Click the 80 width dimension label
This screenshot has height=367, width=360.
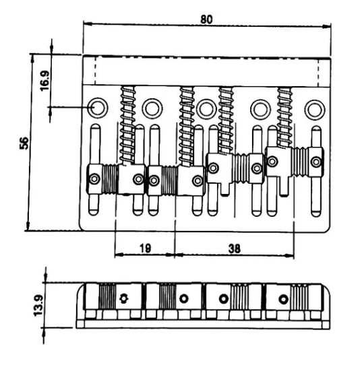point(206,20)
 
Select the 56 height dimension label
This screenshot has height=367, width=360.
point(24,143)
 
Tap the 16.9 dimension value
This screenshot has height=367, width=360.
point(44,81)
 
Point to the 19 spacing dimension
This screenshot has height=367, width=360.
point(146,248)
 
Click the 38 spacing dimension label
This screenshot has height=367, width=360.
point(235,248)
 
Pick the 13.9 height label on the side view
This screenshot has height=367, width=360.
point(38,306)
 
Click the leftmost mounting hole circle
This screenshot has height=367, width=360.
point(98,108)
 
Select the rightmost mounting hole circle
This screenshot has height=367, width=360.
point(315,110)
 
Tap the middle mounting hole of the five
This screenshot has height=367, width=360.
point(206,109)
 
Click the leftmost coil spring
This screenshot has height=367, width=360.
point(127,125)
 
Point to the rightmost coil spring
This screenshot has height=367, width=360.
point(285,117)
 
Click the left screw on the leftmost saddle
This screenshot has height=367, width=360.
point(94,179)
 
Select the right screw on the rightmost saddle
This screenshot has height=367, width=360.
point(316,162)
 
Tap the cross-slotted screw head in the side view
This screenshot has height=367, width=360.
point(124,298)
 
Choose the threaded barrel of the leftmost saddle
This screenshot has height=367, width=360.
point(110,179)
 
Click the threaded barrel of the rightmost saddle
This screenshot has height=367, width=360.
point(300,162)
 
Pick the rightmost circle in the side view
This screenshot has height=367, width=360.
point(283,299)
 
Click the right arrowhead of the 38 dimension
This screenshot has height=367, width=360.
point(289,256)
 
